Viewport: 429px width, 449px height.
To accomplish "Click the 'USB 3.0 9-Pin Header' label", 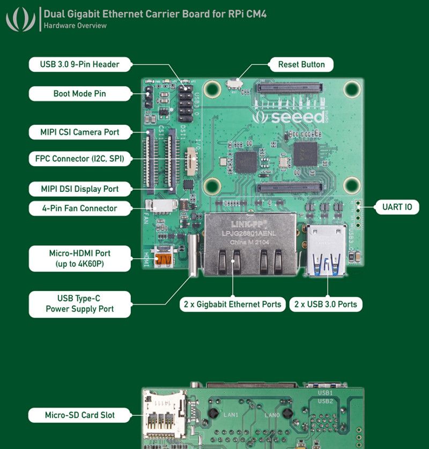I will [79, 64].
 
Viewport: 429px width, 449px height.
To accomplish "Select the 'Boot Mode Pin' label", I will [79, 94].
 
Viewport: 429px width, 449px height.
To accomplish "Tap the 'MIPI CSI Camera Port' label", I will [79, 132].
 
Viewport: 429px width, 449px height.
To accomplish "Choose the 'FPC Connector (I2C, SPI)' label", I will [79, 159].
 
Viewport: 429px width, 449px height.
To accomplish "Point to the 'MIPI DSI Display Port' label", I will [79, 189].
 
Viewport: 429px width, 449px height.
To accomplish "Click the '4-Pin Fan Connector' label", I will [79, 208].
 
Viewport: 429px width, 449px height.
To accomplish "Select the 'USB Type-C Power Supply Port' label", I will [79, 304].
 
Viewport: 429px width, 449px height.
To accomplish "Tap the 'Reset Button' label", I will [301, 64].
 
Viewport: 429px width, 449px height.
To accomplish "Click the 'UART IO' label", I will [397, 207].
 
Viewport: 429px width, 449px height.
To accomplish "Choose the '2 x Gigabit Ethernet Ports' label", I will [232, 304].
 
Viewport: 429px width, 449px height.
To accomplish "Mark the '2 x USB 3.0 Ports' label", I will [326, 304].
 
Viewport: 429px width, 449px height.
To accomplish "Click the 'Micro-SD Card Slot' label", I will [79, 415].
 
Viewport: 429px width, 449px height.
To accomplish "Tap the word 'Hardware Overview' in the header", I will [75, 25].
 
